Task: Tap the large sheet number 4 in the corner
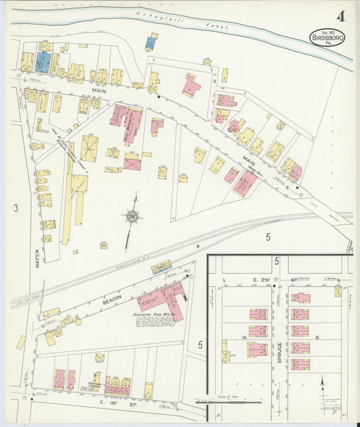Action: tap(337, 15)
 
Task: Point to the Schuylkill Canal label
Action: tap(182, 22)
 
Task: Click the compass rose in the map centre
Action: tap(133, 216)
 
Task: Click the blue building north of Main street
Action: tap(43, 63)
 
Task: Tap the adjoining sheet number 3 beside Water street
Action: tap(16, 207)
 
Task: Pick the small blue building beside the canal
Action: tap(150, 43)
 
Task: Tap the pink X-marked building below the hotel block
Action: tap(132, 163)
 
